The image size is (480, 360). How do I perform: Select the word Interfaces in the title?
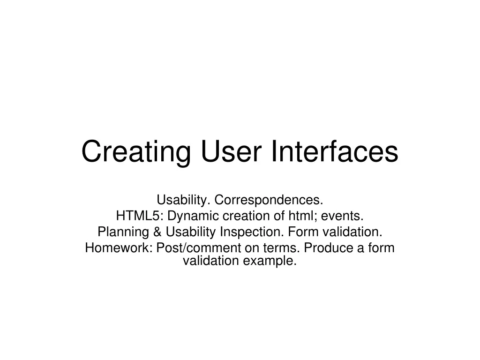tap(334, 151)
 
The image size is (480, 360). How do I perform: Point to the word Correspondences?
tap(269, 200)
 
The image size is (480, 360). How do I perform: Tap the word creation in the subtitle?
tap(243, 216)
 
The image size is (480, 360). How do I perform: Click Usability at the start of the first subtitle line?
tap(183, 200)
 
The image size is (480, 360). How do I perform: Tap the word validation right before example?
tap(210, 261)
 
